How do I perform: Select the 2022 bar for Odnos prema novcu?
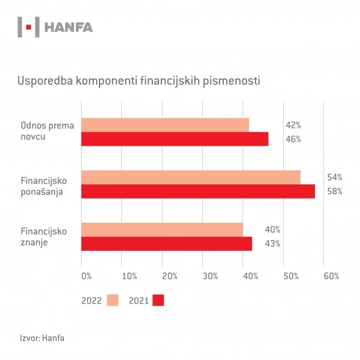[x=165, y=125]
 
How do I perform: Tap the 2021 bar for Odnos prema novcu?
[x=175, y=139]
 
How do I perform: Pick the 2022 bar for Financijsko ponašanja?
[x=191, y=177]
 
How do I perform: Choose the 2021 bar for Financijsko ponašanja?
[x=198, y=191]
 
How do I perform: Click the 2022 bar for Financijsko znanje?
[x=162, y=230]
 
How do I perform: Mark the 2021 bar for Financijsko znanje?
[x=167, y=244]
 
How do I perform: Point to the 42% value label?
[x=293, y=125]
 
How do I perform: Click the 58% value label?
[x=334, y=192]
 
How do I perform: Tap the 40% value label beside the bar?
[x=272, y=230]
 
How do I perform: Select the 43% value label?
[x=272, y=244]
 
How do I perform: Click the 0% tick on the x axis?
[x=86, y=276]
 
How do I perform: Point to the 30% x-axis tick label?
[x=210, y=276]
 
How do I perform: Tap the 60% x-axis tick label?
[x=331, y=276]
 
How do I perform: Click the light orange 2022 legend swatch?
[x=113, y=301]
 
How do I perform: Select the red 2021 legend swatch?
[x=158, y=301]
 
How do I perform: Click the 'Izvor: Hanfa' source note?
[x=42, y=338]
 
